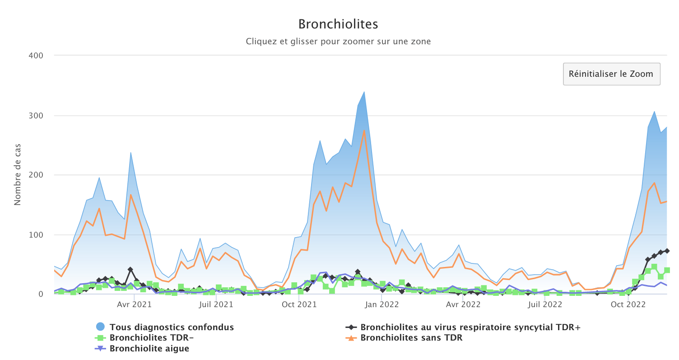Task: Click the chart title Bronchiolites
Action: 338,24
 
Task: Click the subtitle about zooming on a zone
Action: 338,42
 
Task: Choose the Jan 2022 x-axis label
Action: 381,305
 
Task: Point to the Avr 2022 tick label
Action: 464,305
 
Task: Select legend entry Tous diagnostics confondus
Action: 172,327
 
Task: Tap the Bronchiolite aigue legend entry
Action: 149,348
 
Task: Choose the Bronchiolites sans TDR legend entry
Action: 411,337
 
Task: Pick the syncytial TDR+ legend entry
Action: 470,327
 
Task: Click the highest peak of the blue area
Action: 364,92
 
